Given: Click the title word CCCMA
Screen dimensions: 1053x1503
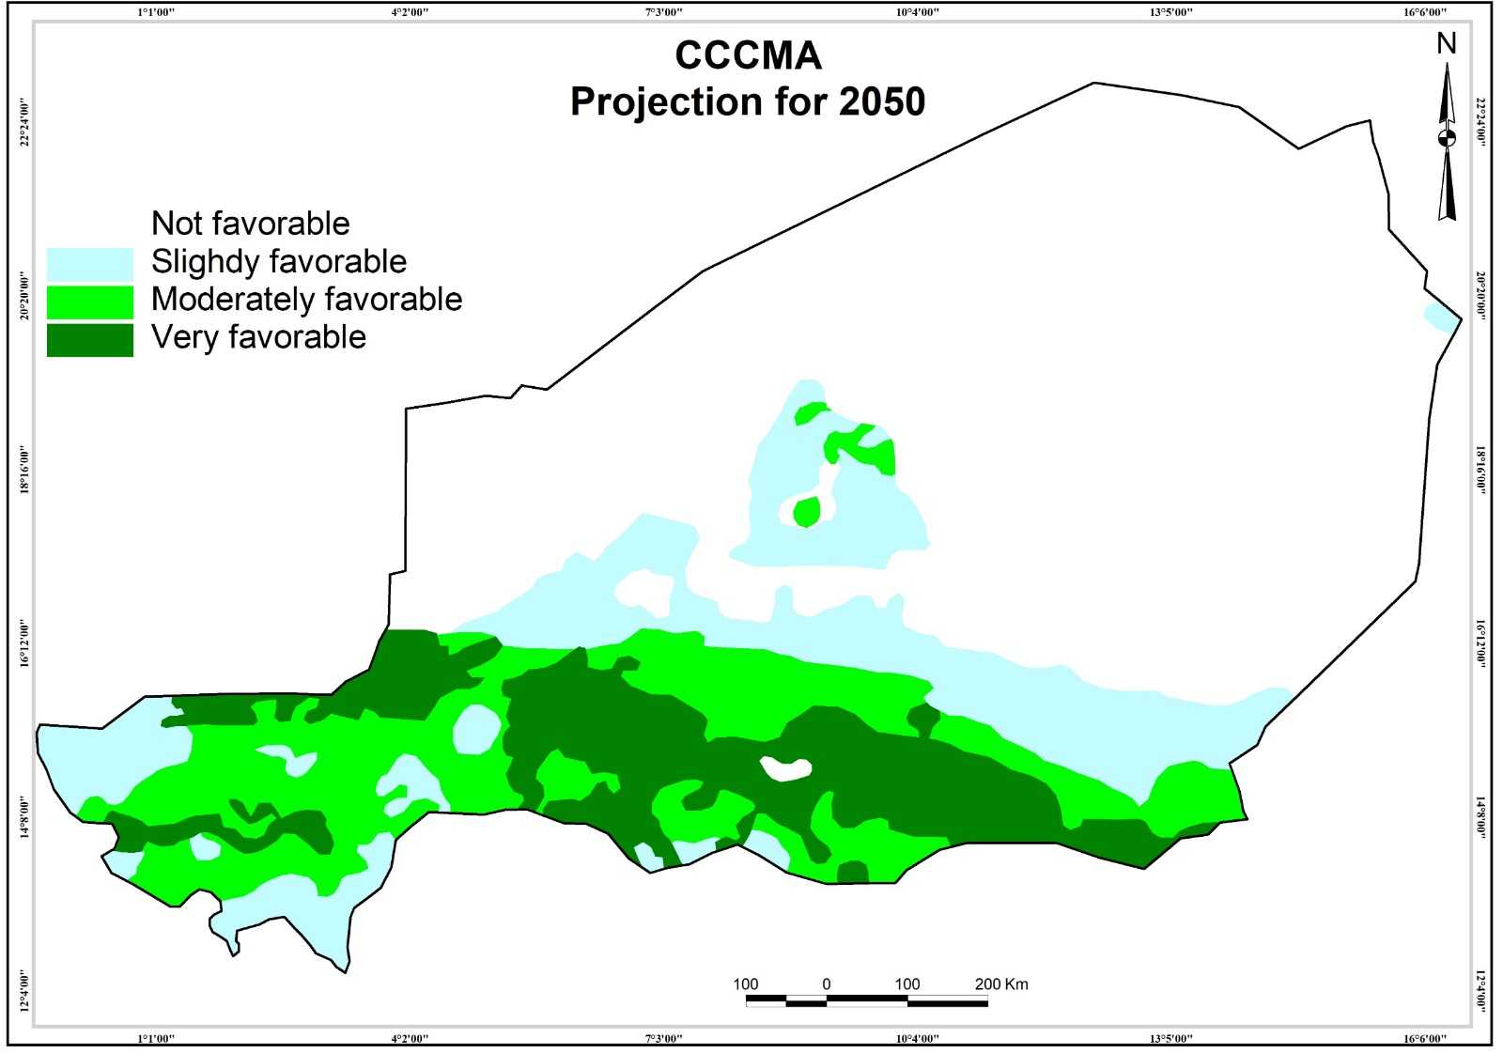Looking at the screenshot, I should pyautogui.click(x=748, y=55).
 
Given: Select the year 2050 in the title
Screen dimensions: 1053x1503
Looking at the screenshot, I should pyautogui.click(x=881, y=101).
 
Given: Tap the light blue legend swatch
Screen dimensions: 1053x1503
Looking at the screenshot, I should pyautogui.click(x=90, y=264).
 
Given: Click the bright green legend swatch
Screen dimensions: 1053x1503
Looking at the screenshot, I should pyautogui.click(x=90, y=302).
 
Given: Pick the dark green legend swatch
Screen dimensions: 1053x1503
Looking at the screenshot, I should pyautogui.click(x=90, y=339).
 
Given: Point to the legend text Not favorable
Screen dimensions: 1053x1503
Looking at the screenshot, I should pyautogui.click(x=250, y=224).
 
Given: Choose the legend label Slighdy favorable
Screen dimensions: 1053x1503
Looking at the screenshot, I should pyautogui.click(x=279, y=261).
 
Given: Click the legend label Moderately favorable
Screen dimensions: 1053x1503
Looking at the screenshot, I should pyautogui.click(x=306, y=299).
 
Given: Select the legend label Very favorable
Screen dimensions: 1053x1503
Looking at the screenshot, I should pyautogui.click(x=258, y=336).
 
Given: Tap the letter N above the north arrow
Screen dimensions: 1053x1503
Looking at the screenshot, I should pyautogui.click(x=1447, y=43).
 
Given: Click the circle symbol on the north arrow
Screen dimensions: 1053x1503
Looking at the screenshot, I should pyautogui.click(x=1447, y=138).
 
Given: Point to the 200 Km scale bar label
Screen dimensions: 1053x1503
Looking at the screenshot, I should pyautogui.click(x=1001, y=984).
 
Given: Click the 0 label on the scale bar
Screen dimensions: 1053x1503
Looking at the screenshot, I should pyautogui.click(x=827, y=984).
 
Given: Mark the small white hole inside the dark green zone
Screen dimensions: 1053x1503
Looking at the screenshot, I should pyautogui.click(x=786, y=768).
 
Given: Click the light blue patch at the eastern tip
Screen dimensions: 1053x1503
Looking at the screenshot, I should pyautogui.click(x=1439, y=317).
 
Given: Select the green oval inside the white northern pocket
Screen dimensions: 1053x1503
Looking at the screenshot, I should pyautogui.click(x=806, y=512).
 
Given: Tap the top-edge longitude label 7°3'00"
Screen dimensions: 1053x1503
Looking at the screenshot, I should pyautogui.click(x=663, y=12).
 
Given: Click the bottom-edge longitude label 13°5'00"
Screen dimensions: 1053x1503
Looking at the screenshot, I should pyautogui.click(x=1170, y=1038).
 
